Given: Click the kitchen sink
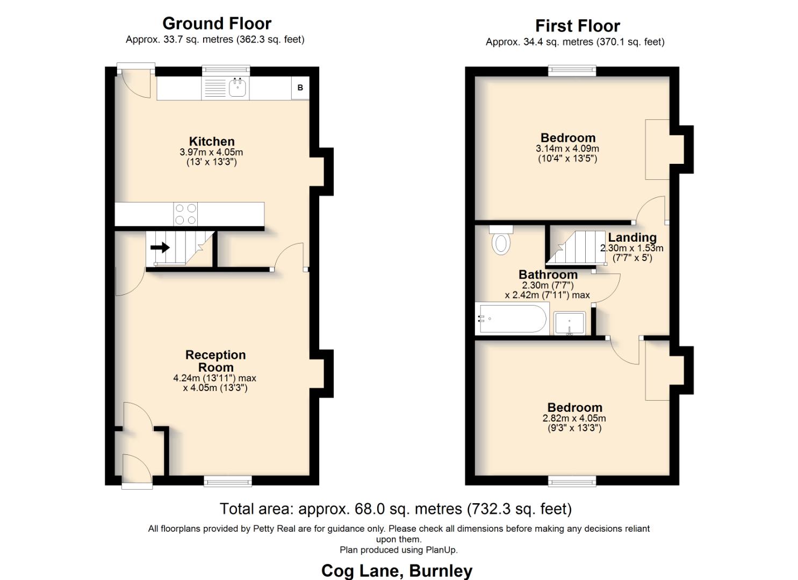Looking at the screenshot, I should point(237,88).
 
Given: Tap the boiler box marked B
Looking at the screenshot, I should point(300,88).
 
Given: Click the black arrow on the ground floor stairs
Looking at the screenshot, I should point(160,248).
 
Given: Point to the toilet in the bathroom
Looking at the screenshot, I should point(501,241).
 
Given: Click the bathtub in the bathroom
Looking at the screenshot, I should point(512,319).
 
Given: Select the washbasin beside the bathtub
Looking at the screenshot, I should point(569,323).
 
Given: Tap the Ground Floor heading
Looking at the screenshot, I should point(217,24).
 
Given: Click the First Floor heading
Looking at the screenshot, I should point(577,26).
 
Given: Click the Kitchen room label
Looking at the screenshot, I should point(211,142).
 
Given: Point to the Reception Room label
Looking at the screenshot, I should point(215,361).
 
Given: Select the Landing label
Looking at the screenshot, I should point(632,237).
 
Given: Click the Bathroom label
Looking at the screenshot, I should point(548,274).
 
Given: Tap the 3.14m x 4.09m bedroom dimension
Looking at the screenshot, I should point(567,149).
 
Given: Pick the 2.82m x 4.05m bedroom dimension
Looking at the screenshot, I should point(574,418).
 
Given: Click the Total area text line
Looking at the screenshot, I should point(396,509).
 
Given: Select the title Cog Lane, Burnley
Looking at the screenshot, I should point(397,570).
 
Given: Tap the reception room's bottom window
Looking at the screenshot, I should point(228,482).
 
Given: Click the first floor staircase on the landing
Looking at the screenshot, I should point(572,248).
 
